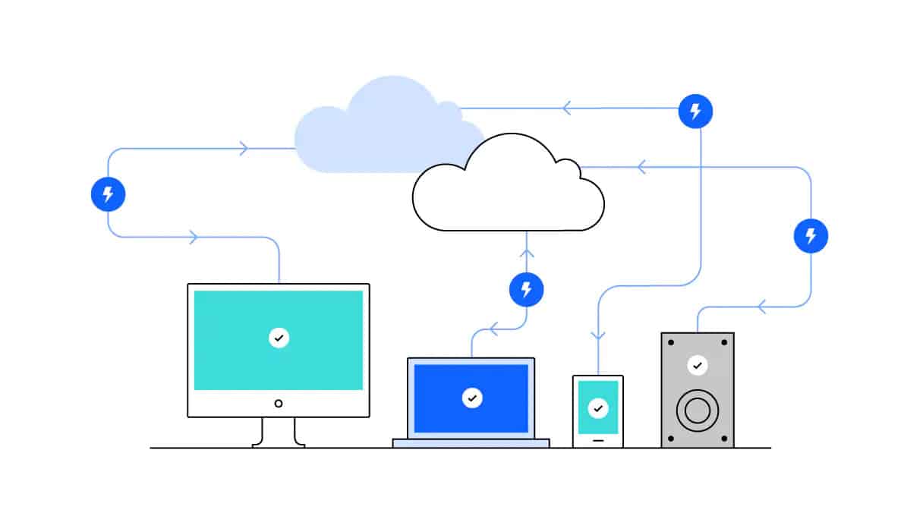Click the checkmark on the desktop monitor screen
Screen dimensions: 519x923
click(x=279, y=338)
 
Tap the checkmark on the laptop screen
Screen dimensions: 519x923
click(x=472, y=398)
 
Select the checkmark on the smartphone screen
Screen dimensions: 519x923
click(x=598, y=408)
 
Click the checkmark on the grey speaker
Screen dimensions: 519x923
click(x=697, y=366)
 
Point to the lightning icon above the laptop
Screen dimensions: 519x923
click(x=527, y=289)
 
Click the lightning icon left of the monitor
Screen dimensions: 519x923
click(x=108, y=194)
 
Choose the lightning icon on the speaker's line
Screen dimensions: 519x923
click(x=811, y=236)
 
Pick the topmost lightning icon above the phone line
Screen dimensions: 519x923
click(x=695, y=111)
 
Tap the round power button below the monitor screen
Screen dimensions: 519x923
click(x=279, y=403)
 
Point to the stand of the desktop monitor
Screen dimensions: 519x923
click(x=279, y=432)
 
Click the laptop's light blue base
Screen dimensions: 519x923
click(x=471, y=443)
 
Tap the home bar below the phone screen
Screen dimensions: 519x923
click(x=598, y=439)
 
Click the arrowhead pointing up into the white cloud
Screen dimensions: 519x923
click(x=527, y=253)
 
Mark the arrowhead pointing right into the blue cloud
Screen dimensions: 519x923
click(x=244, y=149)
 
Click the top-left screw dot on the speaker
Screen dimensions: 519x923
click(x=669, y=341)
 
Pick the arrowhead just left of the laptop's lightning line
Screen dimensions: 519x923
click(x=493, y=329)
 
